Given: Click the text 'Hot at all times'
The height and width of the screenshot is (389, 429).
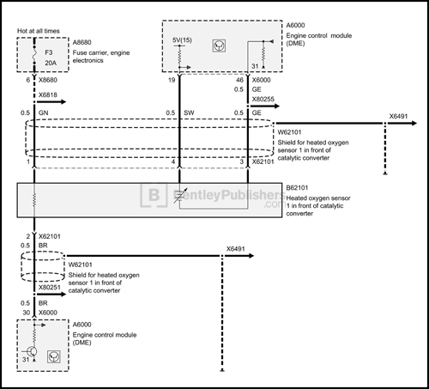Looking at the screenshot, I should click(x=39, y=33).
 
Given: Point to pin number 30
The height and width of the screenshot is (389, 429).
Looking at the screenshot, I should click(x=27, y=313).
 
